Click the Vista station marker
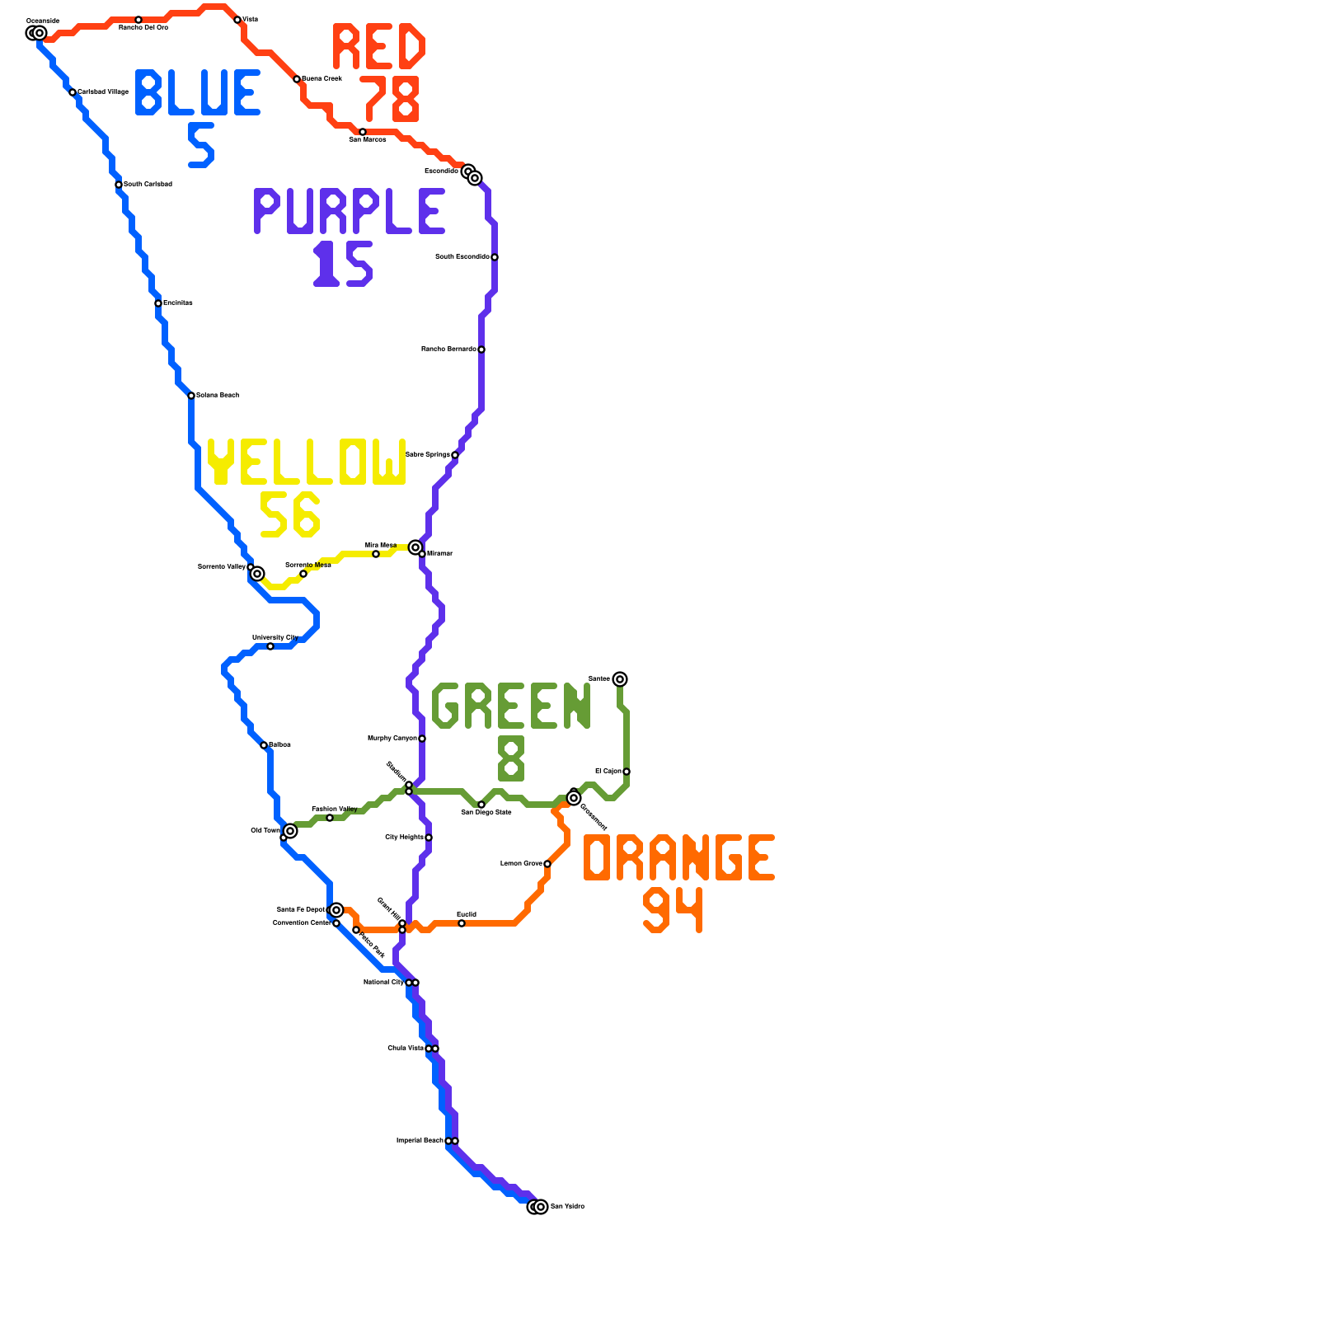237,20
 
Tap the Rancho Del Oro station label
143,28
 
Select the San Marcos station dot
363,132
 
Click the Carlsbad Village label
103,92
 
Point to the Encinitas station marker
158,303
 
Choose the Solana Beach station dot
191,396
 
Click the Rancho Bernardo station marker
481,350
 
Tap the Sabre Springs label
428,455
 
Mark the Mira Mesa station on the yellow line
376,554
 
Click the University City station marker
270,646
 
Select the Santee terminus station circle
620,679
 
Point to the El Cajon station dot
627,772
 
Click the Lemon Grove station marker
547,864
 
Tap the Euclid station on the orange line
462,923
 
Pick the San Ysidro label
568,1207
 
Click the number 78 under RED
390,99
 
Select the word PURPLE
350,211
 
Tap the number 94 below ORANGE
674,910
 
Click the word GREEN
511,706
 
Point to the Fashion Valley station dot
330,818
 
